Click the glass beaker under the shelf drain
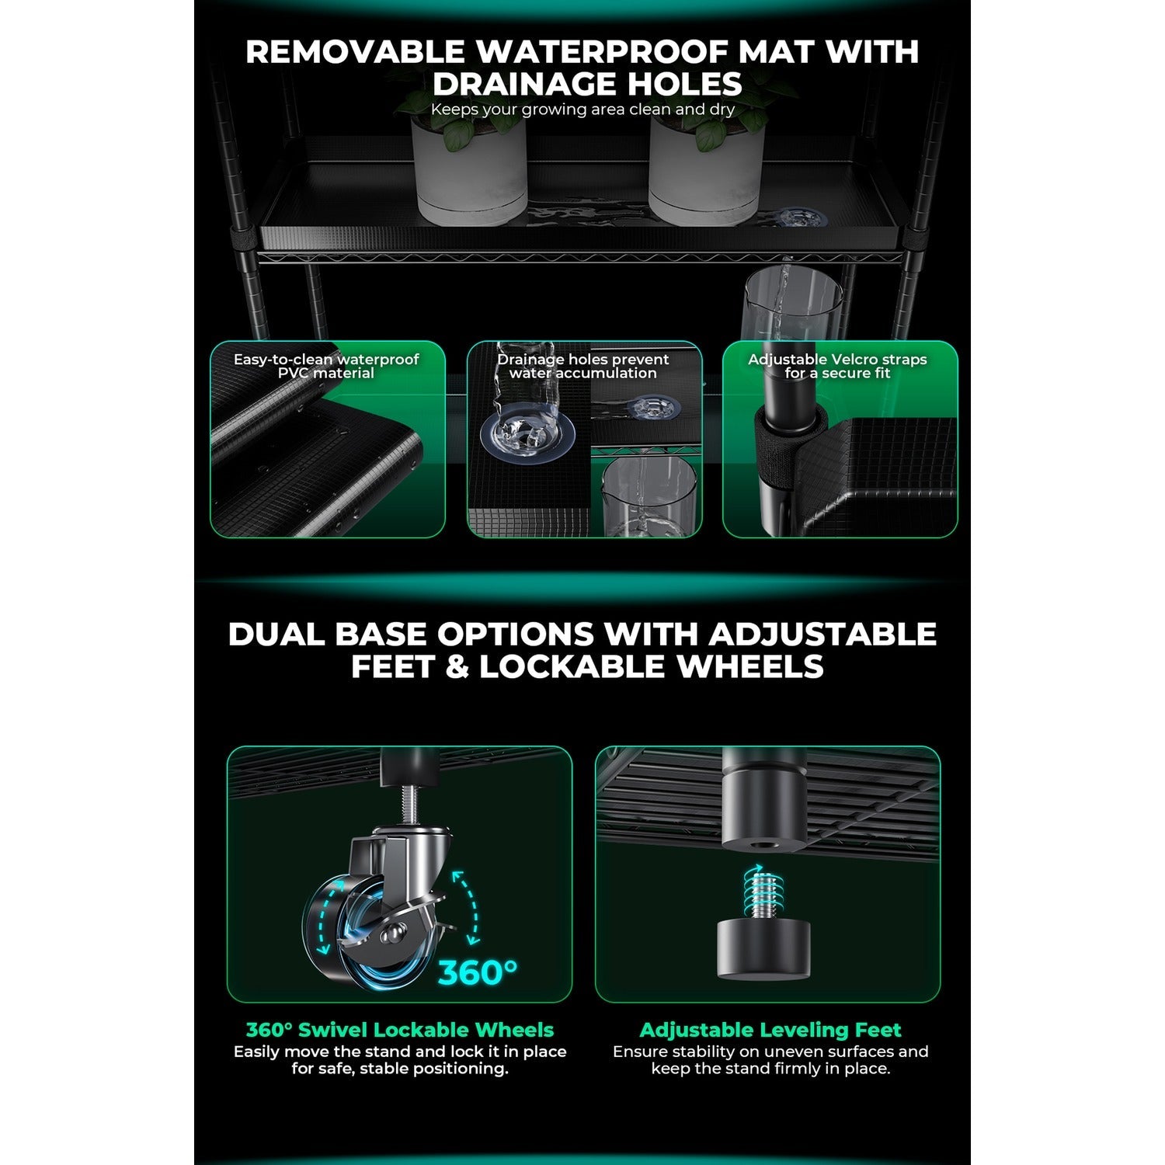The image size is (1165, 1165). click(793, 311)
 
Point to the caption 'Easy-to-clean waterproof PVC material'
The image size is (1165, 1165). click(326, 366)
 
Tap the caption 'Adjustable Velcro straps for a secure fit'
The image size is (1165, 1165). click(837, 366)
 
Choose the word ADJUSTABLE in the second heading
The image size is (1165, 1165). click(822, 635)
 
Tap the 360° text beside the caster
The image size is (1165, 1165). click(477, 972)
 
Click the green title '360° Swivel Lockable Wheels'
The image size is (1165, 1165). click(399, 1030)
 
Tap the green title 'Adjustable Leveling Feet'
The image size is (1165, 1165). click(770, 1030)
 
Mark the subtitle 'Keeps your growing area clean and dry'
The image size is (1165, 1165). click(582, 110)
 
